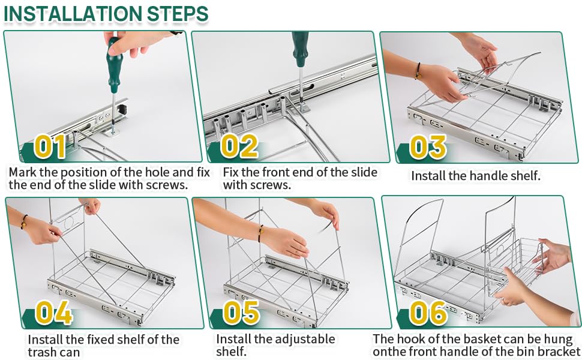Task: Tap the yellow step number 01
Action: (x=51, y=146)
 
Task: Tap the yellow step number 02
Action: (x=239, y=146)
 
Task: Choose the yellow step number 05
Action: (x=241, y=313)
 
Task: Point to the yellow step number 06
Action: (x=429, y=313)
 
